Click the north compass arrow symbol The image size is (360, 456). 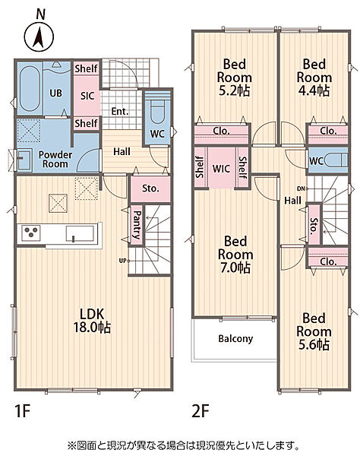[x=39, y=37]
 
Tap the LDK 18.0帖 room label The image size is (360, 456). [x=92, y=321]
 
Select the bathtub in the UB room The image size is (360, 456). [x=30, y=88]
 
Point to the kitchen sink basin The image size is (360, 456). [x=80, y=233]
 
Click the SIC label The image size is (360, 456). [x=87, y=96]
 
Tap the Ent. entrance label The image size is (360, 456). [x=120, y=112]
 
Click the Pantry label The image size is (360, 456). [x=137, y=224]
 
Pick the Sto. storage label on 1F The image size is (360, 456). [x=150, y=188]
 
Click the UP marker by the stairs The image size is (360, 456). [x=122, y=261]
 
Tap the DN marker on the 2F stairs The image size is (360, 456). [x=301, y=188]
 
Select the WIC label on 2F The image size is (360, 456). [x=221, y=169]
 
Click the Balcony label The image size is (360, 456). [x=235, y=338]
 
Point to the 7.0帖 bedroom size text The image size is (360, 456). [x=235, y=268]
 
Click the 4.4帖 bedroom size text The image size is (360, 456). [x=314, y=90]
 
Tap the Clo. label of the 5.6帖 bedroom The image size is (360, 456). [x=328, y=261]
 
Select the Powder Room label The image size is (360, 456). [x=55, y=159]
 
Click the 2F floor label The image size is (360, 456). [x=201, y=411]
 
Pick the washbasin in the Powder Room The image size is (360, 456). [x=24, y=160]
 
